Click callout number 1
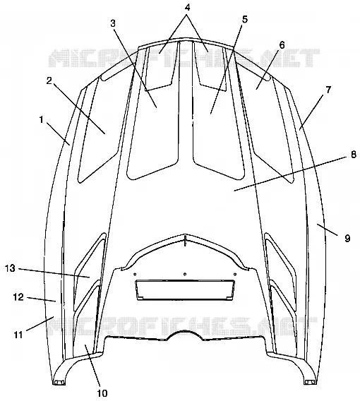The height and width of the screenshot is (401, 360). coord(42,120)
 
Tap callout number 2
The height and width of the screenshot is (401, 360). coord(49,80)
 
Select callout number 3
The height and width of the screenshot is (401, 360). coord(113,23)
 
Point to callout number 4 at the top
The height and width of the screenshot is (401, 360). coord(188,8)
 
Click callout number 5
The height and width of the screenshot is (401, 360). coord(245,19)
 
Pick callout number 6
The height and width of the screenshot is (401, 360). coord(282,45)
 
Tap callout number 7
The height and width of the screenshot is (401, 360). coord(328,90)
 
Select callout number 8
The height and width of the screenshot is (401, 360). coord(354,155)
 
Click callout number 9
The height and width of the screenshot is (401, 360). coord(347,239)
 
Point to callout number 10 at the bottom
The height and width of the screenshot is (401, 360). coord(102,393)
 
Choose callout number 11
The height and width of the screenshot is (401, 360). coord(18,335)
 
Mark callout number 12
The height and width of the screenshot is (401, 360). coord(18,297)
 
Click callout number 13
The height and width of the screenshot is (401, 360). coord(10,268)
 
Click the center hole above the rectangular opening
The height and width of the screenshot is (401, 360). coord(185,274)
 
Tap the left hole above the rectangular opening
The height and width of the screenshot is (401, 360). coord(135,275)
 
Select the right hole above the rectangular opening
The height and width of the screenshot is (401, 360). coord(235,275)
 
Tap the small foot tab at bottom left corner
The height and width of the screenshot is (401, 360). coord(59,383)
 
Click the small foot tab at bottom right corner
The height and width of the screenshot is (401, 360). coord(311,383)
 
